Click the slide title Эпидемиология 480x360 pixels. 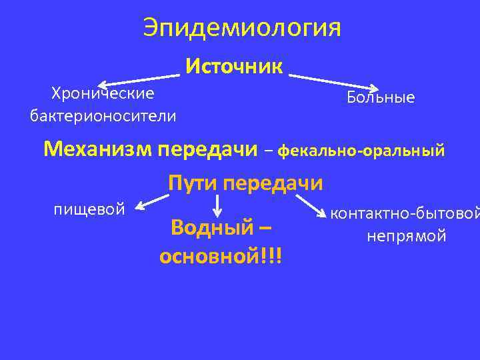[x=241, y=28]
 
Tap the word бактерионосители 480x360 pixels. [x=103, y=117]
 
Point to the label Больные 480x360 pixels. [x=381, y=98]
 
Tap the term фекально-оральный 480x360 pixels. [x=361, y=151]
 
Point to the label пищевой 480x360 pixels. [x=89, y=209]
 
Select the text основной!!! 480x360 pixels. [x=221, y=256]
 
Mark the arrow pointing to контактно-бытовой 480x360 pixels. [x=309, y=206]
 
